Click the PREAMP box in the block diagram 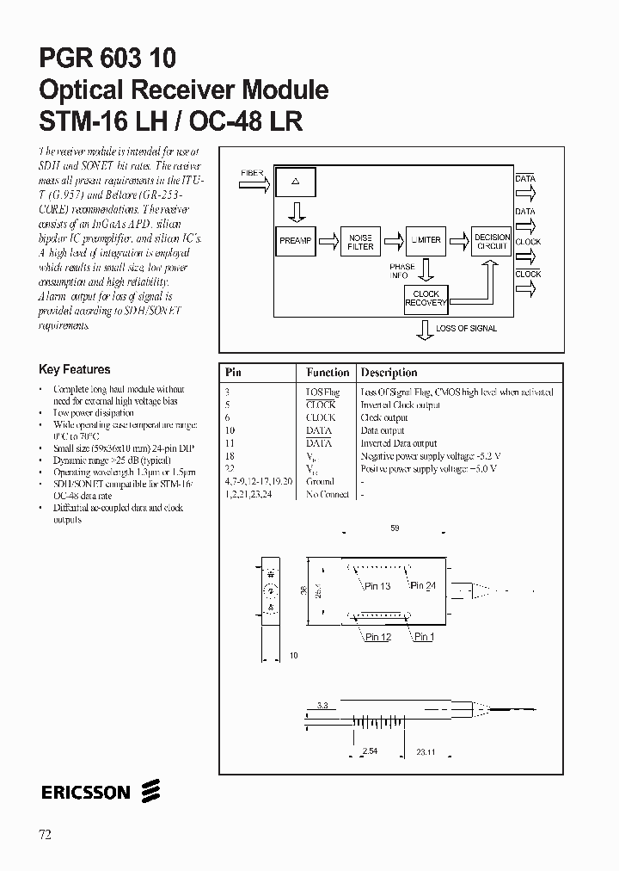pyautogui.click(x=295, y=241)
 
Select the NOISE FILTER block pyautogui.click(x=360, y=242)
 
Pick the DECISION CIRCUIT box pyautogui.click(x=492, y=242)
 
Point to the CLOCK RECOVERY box pyautogui.click(x=426, y=299)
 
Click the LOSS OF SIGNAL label pyautogui.click(x=466, y=329)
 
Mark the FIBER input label pyautogui.click(x=252, y=173)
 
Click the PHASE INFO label pyautogui.click(x=401, y=271)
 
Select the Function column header pyautogui.click(x=328, y=373)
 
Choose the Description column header pyautogui.click(x=389, y=373)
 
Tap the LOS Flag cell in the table pyautogui.click(x=322, y=392)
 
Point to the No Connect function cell pyautogui.click(x=328, y=495)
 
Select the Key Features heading pyautogui.click(x=75, y=370)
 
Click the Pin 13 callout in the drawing pyautogui.click(x=377, y=586)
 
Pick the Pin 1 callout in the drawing pyautogui.click(x=424, y=637)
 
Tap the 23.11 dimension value pyautogui.click(x=426, y=751)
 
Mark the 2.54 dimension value pyautogui.click(x=370, y=751)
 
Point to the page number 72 pyautogui.click(x=46, y=834)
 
